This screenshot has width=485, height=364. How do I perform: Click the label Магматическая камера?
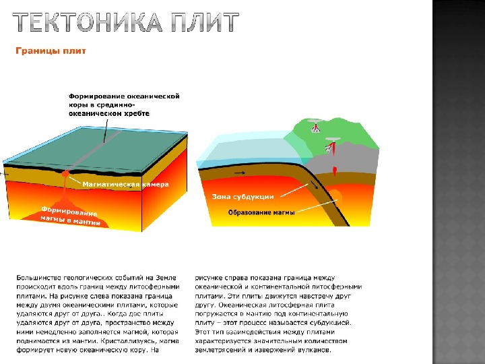point(125,183)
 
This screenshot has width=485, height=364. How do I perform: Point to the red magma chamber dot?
point(65,174)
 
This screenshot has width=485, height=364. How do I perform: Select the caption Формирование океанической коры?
point(125,105)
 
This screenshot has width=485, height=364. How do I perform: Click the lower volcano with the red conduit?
point(332,144)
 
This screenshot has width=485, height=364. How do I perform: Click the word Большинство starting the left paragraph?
point(40,277)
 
